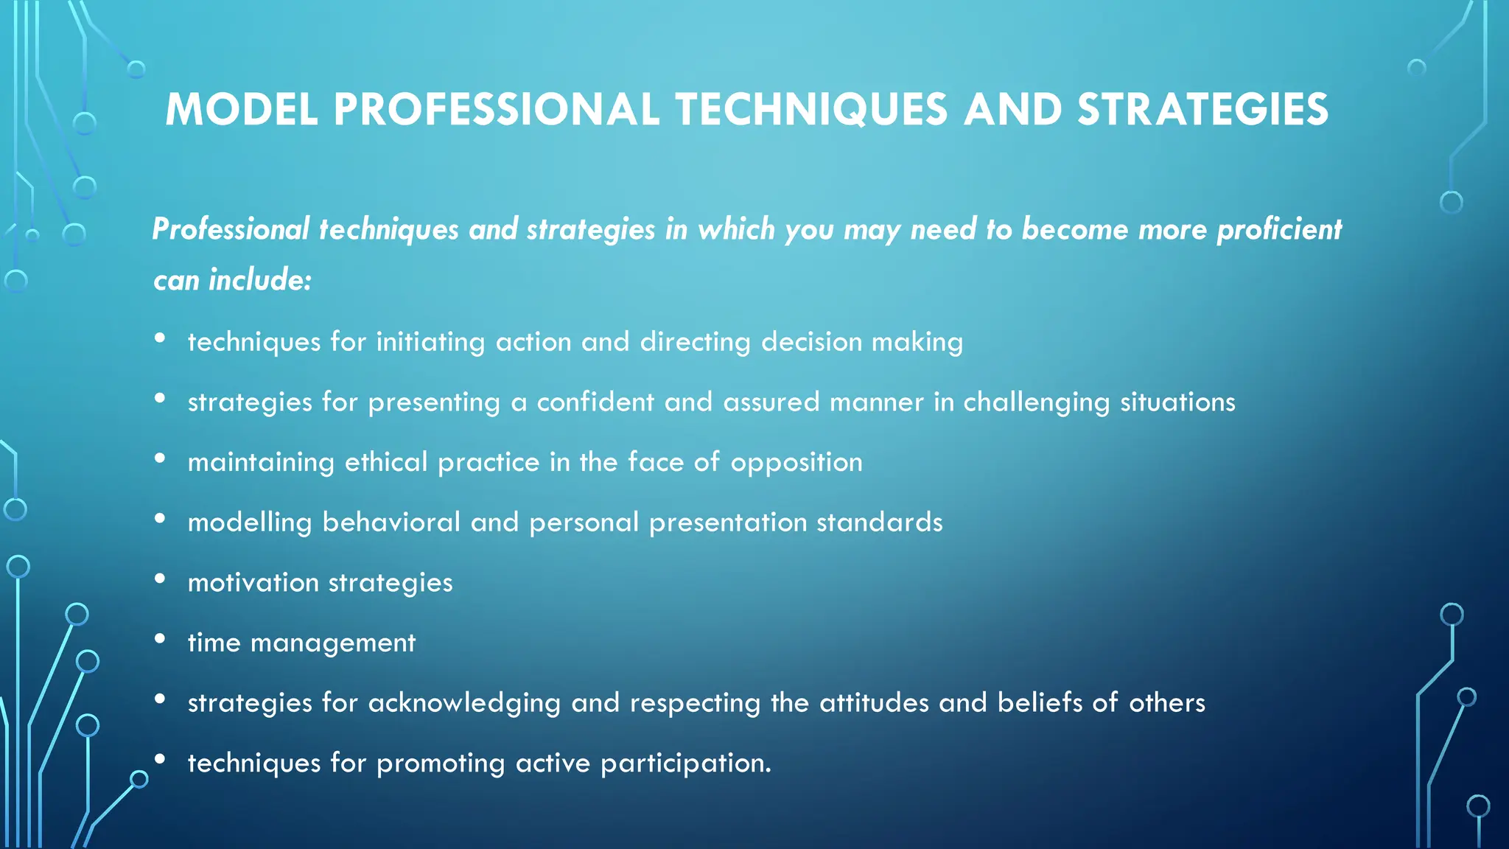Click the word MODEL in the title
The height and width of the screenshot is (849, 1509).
click(241, 110)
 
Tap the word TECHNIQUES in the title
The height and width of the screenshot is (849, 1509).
click(811, 110)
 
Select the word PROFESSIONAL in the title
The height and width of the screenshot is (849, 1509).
click(496, 110)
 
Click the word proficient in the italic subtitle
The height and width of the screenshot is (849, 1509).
click(1278, 230)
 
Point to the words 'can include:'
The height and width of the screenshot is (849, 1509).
click(233, 280)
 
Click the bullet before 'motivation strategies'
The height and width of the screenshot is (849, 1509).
click(160, 579)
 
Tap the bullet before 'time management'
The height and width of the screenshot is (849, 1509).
click(160, 639)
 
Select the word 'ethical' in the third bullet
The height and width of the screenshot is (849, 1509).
click(386, 462)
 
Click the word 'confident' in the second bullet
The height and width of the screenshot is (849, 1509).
click(595, 402)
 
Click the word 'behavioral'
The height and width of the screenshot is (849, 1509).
click(391, 523)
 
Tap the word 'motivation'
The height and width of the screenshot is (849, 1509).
click(253, 583)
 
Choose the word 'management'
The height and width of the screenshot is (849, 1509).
click(333, 643)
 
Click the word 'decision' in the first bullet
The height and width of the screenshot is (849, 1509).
click(811, 342)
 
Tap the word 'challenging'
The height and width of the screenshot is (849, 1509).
click(1036, 403)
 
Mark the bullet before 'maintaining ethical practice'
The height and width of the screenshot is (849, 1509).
click(160, 458)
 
